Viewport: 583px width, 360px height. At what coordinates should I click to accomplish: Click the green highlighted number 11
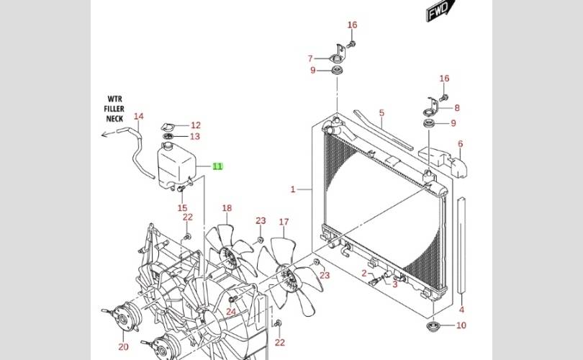tap(217, 166)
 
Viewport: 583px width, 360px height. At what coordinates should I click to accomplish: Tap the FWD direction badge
tap(440, 10)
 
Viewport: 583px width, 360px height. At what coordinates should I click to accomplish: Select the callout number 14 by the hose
tap(139, 117)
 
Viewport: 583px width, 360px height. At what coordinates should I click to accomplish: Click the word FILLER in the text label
tap(114, 109)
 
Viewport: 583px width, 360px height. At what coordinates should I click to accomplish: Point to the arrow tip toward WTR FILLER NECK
tap(102, 134)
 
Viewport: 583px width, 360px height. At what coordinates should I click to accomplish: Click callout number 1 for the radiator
tap(293, 189)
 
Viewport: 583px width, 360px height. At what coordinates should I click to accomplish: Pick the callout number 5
tap(381, 113)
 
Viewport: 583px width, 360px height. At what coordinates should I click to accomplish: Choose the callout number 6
tap(461, 144)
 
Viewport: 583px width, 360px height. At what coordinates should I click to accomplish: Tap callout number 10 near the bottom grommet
tap(461, 325)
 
